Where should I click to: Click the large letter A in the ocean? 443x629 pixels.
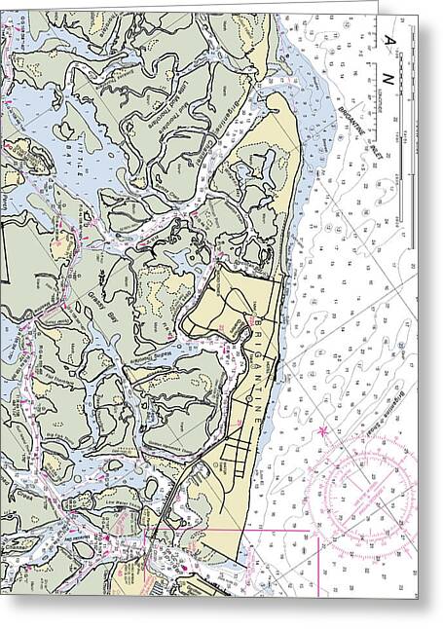(390, 39)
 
